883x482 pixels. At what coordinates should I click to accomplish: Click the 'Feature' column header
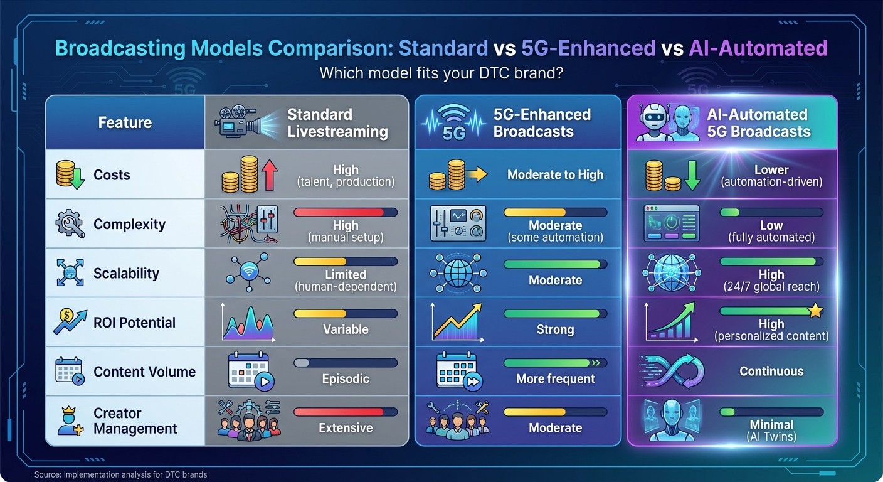[125, 122]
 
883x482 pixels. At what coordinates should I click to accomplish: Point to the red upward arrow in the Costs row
[270, 174]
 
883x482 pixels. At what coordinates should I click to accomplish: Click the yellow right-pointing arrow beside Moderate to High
[477, 174]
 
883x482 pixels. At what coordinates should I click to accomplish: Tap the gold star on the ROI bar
[815, 311]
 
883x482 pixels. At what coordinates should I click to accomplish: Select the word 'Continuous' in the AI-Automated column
[771, 371]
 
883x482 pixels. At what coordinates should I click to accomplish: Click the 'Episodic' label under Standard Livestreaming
[346, 378]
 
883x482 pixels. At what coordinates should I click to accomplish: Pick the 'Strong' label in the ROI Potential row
[555, 329]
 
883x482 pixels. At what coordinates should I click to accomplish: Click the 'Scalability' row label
[126, 274]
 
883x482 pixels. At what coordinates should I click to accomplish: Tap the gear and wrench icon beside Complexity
[70, 224]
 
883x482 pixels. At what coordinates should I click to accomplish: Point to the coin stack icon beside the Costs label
[70, 174]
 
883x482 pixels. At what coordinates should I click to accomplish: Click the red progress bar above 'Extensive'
[345, 412]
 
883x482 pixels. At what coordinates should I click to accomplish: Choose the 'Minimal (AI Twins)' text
[771, 431]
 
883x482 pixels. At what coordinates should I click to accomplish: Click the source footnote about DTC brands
[120, 474]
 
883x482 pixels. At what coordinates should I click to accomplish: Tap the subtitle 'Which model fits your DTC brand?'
[441, 73]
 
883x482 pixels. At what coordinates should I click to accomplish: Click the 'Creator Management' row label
[135, 421]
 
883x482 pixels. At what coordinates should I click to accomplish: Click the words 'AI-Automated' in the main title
[758, 48]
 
